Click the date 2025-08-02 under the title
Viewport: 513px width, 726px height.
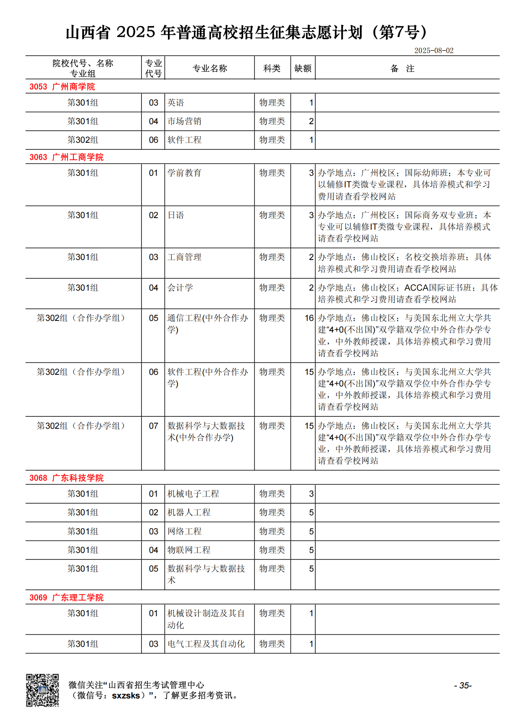434,50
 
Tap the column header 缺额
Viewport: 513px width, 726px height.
303,69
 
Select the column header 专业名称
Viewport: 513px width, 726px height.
210,69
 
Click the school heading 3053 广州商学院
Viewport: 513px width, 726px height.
62,87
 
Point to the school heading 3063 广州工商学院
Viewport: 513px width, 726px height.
66,157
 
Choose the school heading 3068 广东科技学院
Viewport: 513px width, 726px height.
66,478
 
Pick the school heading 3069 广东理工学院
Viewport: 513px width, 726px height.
66,597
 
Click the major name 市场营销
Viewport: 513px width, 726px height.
184,121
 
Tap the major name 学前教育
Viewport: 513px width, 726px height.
184,173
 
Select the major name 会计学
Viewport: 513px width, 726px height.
180,288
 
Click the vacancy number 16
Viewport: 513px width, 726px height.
309,318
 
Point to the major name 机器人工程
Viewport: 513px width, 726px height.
189,513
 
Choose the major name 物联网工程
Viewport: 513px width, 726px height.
189,550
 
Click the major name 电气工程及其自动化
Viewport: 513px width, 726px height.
206,644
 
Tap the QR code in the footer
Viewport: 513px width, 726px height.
42,690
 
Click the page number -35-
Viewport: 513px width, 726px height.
463,686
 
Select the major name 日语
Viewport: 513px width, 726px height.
176,215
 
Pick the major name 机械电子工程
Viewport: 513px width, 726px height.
193,494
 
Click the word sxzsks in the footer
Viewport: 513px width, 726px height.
126,696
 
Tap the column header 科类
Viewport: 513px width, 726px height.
272,69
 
